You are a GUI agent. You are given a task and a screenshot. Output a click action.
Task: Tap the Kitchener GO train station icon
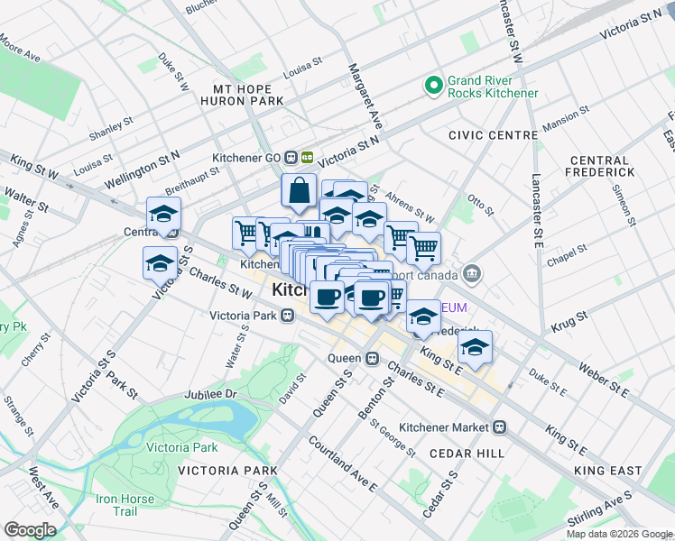307,156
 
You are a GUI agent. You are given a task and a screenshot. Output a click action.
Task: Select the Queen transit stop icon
371,358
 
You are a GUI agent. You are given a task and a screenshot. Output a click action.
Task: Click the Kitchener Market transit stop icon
499,426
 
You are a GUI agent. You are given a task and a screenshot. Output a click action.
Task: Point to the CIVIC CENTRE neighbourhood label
493,135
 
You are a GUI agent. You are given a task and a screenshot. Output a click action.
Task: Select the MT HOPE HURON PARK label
249,96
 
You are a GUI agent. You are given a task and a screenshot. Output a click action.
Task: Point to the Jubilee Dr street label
209,395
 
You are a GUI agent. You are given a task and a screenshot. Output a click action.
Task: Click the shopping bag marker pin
299,191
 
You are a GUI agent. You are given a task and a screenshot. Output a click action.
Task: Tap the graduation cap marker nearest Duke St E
475,347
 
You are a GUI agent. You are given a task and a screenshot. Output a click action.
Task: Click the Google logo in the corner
30,530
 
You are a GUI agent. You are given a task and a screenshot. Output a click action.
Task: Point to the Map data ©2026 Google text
618,534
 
